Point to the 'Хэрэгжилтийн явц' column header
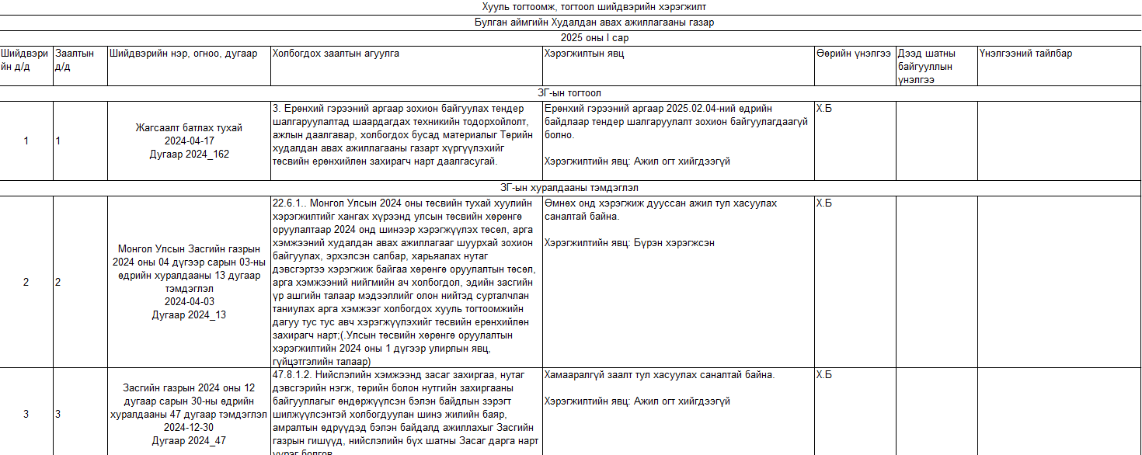click(583, 54)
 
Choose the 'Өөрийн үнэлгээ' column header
click(853, 54)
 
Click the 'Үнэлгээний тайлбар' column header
click(1025, 54)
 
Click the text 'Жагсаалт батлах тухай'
click(189, 127)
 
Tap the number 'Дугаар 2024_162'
click(189, 154)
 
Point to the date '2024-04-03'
click(189, 301)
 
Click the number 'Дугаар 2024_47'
click(189, 440)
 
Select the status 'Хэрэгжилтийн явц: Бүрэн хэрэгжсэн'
click(629, 242)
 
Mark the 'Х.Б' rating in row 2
click(823, 203)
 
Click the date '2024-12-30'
click(189, 427)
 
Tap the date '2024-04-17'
click(189, 141)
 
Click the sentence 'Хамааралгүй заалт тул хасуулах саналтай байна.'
click(660, 375)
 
